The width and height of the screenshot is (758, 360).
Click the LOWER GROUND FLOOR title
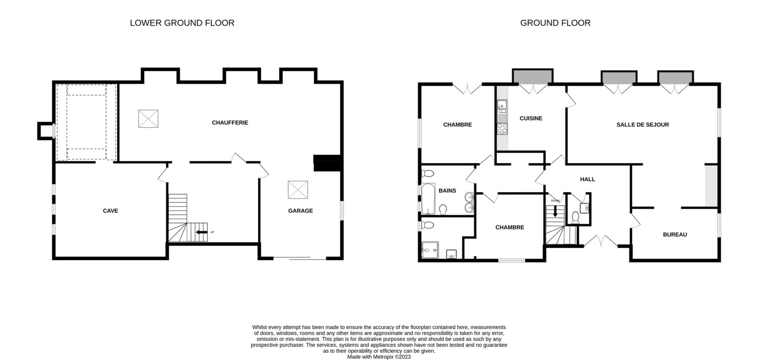pyautogui.click(x=182, y=23)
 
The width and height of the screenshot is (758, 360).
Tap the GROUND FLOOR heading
pyautogui.click(x=555, y=23)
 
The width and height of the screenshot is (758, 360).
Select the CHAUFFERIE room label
pyautogui.click(x=230, y=123)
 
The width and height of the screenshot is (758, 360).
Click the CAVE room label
pyautogui.click(x=111, y=211)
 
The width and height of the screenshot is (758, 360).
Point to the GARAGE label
pyautogui.click(x=300, y=211)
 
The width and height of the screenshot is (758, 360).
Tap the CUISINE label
pyautogui.click(x=531, y=118)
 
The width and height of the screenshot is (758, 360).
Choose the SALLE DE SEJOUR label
pyautogui.click(x=643, y=125)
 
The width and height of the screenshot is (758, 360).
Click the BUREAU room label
pyautogui.click(x=675, y=234)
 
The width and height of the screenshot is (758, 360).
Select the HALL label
pyautogui.click(x=587, y=179)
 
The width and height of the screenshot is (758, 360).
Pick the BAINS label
pyautogui.click(x=447, y=191)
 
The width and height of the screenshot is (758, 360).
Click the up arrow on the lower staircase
pyautogui.click(x=202, y=232)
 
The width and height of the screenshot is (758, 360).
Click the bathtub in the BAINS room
pyautogui.click(x=428, y=198)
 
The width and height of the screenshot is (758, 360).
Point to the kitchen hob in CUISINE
pyautogui.click(x=502, y=129)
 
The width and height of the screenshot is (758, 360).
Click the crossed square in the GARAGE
pyautogui.click(x=298, y=190)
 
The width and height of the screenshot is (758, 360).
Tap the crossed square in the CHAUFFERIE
pyautogui.click(x=148, y=119)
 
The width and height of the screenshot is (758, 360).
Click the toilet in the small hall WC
pyautogui.click(x=575, y=217)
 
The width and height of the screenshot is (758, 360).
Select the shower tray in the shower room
pyautogui.click(x=430, y=250)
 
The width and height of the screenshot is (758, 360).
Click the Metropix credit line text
pyautogui.click(x=379, y=357)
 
